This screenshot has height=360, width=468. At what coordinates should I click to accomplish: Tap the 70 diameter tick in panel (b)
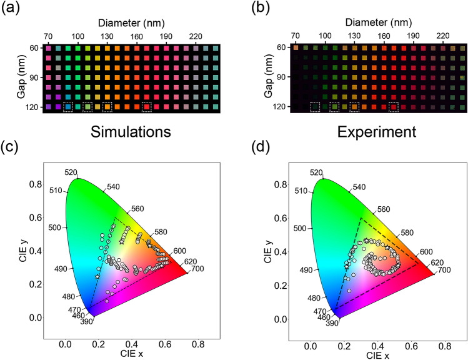(x=296, y=36)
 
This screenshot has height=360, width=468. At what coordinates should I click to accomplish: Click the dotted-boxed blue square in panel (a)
(x=67, y=107)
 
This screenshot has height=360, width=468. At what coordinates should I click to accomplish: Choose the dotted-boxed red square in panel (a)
(x=147, y=107)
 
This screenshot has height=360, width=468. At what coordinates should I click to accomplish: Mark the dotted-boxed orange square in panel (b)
(x=354, y=107)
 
